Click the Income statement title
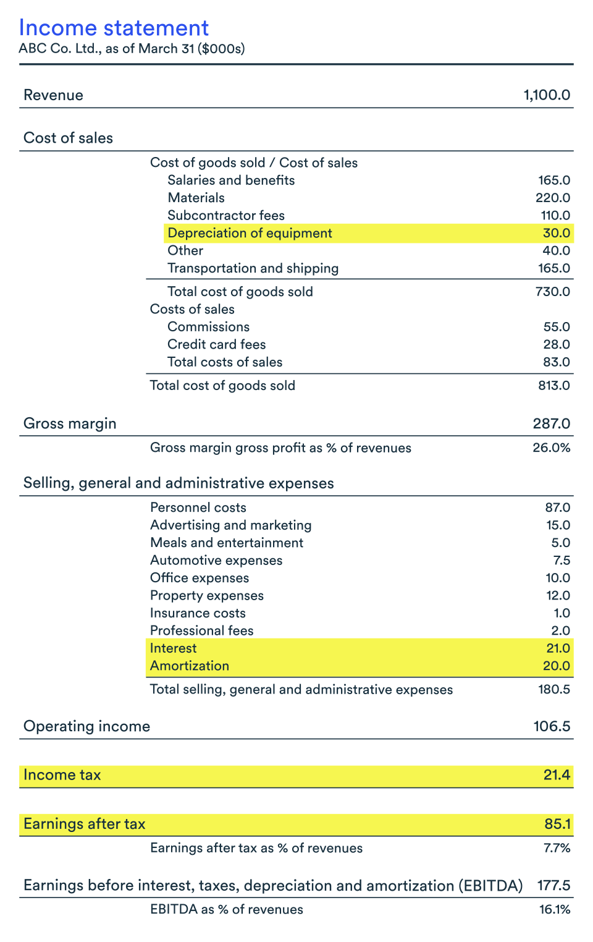coord(114,28)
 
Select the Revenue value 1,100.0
coord(546,95)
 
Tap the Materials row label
coord(196,198)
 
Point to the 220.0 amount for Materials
coord(552,198)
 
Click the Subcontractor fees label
coord(225,216)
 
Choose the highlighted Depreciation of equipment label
coord(250,233)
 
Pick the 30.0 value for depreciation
coord(556,233)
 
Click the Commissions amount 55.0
coord(556,327)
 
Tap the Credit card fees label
coord(216,344)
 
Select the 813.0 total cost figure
coord(553,386)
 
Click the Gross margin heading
coord(70,423)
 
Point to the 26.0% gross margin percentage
coord(551,448)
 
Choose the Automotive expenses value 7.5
coord(561,561)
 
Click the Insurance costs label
coord(198,613)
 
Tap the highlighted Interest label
coord(173,648)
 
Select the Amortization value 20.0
coord(556,666)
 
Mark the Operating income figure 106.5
coord(551,726)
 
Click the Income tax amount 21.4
coord(556,775)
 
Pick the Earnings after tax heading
coord(84,824)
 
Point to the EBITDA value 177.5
coord(553,885)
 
